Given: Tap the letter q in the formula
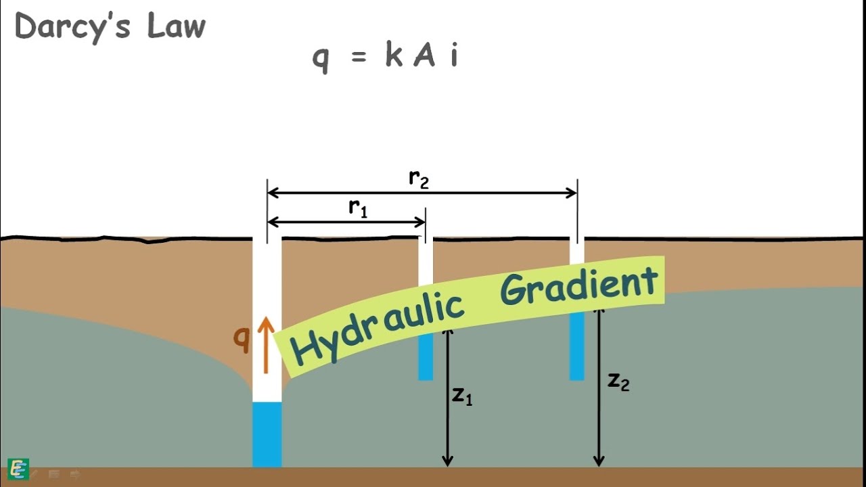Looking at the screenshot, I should pos(320,58).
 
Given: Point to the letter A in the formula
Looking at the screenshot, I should pos(424,55).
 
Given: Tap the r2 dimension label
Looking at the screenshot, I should pos(419,179).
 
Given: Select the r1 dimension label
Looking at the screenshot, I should pos(358,208).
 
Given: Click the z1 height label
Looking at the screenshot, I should pos(462,396).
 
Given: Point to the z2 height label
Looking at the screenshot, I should pos(618,382).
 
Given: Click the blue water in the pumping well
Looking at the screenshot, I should pos(267,434).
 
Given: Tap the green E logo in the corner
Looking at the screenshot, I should pos(18,468).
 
